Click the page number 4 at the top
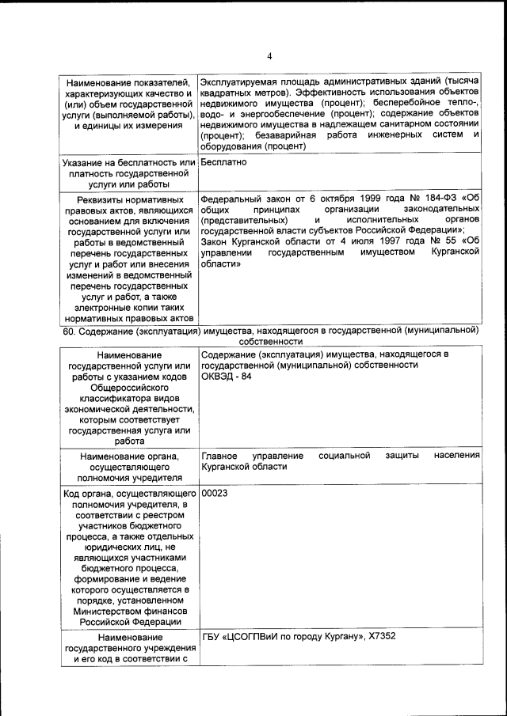[x=269, y=56]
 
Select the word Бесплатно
[x=224, y=162]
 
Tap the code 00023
[x=215, y=493]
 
